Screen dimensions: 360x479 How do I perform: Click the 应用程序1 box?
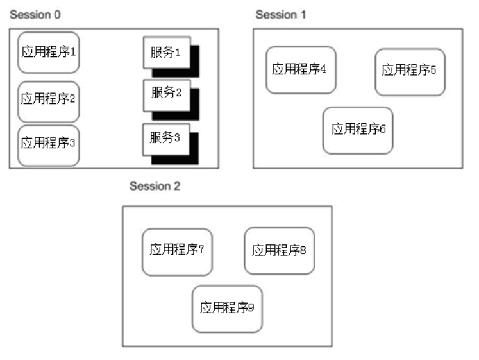tap(49, 53)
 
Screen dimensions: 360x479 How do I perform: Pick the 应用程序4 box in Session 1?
tap(300, 70)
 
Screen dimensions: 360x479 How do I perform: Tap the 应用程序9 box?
tap(227, 309)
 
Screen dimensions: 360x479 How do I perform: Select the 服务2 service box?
tap(165, 94)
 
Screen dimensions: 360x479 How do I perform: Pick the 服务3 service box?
tap(165, 139)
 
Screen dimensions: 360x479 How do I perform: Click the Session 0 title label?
tap(36, 13)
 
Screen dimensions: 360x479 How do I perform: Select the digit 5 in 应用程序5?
tap(433, 71)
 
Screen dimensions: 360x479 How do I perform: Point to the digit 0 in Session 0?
tap(58, 13)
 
